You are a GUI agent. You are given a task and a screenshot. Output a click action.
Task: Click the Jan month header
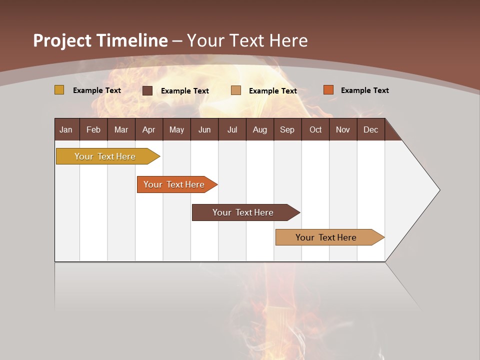pyautogui.click(x=66, y=130)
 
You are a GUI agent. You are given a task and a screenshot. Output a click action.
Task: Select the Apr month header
pyautogui.click(x=148, y=130)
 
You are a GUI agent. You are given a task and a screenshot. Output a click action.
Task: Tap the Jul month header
pyautogui.click(x=232, y=130)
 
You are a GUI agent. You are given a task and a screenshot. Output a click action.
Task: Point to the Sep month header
pyautogui.click(x=287, y=130)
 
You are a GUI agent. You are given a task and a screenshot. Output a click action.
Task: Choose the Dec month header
pyautogui.click(x=370, y=130)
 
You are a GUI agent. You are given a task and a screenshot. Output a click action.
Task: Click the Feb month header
pyautogui.click(x=93, y=130)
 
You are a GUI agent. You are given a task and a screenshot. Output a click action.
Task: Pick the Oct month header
pyautogui.click(x=315, y=130)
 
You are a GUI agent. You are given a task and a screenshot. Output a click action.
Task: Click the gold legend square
pyautogui.click(x=59, y=90)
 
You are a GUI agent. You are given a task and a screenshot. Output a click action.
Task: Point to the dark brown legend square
pyautogui.click(x=147, y=90)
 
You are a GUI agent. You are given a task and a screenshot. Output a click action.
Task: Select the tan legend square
pyautogui.click(x=236, y=90)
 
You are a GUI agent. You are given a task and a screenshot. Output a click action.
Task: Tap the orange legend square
pyautogui.click(x=328, y=90)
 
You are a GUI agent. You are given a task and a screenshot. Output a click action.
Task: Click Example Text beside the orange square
pyautogui.click(x=364, y=90)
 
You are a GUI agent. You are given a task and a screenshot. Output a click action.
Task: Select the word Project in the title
pyautogui.click(x=62, y=40)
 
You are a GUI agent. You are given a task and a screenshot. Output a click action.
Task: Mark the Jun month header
pyautogui.click(x=204, y=130)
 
